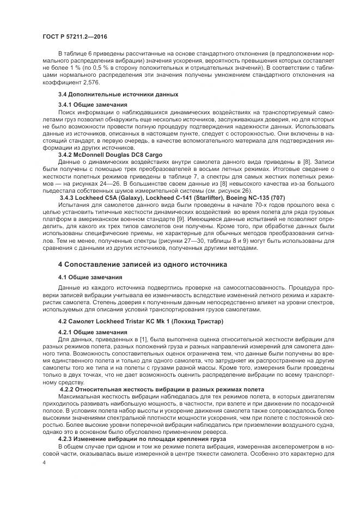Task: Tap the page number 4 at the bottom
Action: pyautogui.click(x=44, y=462)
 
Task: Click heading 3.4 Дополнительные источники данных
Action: pyautogui.click(x=109, y=95)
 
